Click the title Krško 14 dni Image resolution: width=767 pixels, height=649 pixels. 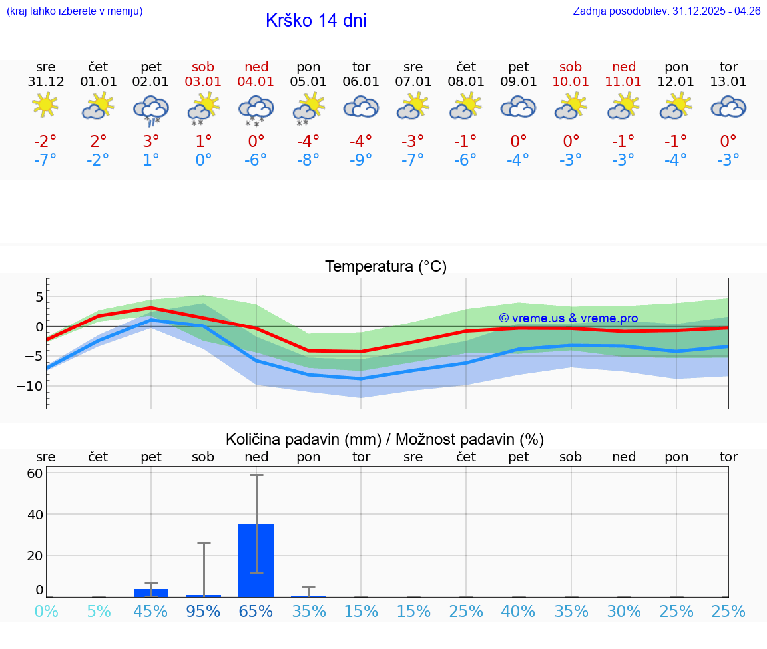click(x=316, y=21)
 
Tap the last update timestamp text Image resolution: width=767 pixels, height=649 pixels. click(x=666, y=11)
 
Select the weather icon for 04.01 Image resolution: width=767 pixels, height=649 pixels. click(x=256, y=110)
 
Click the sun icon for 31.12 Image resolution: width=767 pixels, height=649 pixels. click(x=45, y=105)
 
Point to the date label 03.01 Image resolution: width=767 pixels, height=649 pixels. click(x=204, y=82)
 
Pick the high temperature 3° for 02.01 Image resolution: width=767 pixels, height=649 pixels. click(x=151, y=141)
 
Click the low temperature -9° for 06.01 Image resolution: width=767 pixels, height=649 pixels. click(x=361, y=160)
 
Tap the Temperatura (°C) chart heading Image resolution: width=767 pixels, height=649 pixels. click(x=385, y=267)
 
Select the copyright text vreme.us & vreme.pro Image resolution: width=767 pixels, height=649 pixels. click(x=568, y=318)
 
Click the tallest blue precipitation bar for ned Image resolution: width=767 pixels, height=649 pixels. click(x=256, y=560)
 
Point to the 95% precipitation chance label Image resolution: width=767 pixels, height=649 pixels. click(x=204, y=611)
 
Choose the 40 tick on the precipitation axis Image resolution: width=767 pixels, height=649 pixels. click(x=35, y=515)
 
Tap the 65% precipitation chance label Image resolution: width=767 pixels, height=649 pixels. click(x=256, y=611)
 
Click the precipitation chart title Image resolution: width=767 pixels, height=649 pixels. click(x=385, y=439)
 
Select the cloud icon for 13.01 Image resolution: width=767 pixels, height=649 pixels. click(x=728, y=107)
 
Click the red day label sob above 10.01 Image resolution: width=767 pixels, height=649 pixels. click(x=571, y=67)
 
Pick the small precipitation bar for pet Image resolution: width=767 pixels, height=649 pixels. click(x=151, y=592)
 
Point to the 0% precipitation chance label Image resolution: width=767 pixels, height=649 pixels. click(x=46, y=611)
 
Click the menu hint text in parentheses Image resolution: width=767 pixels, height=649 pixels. click(x=75, y=11)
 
